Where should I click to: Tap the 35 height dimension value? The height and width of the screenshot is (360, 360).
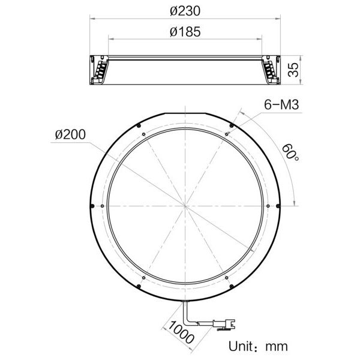pos(292,70)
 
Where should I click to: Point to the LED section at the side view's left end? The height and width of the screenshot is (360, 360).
pos(100,70)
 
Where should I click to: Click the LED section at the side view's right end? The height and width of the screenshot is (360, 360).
pos(271,70)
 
